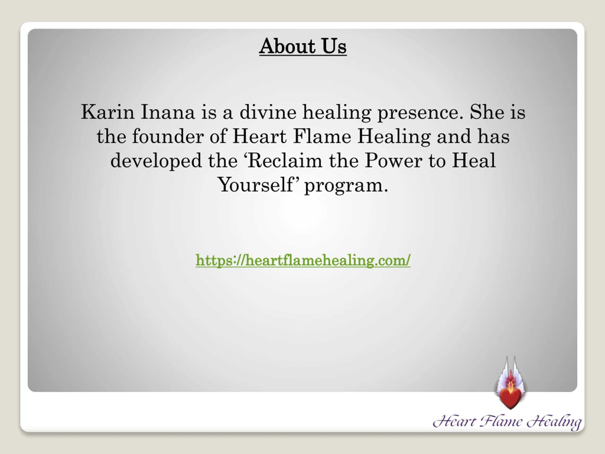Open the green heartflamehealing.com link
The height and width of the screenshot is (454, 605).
click(x=303, y=260)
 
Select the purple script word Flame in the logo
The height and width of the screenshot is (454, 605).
click(x=501, y=421)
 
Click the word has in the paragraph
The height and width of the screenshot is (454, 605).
click(x=493, y=136)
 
